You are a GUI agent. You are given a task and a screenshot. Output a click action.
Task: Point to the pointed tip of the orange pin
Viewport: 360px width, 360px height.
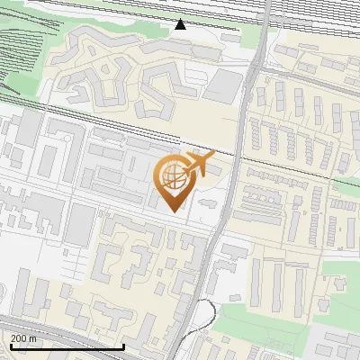175,211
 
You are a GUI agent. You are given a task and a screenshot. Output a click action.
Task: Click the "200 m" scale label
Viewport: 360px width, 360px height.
24,338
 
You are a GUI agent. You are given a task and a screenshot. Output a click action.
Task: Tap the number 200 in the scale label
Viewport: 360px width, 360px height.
19,338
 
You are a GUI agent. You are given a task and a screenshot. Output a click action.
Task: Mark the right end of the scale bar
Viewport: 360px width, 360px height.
123,346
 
